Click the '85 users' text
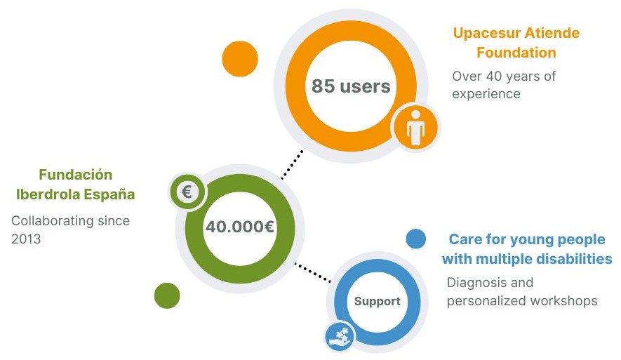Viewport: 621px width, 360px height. (x=351, y=86)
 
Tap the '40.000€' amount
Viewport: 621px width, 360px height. (x=240, y=227)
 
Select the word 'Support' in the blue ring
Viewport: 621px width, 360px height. (x=377, y=301)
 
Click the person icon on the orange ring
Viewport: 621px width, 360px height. (x=415, y=128)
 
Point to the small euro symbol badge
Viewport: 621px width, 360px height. (x=187, y=192)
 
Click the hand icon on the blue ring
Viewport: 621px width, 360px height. (x=340, y=337)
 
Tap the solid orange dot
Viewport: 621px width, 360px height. (x=240, y=59)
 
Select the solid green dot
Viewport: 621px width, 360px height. (x=167, y=295)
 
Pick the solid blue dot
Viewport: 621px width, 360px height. (x=416, y=239)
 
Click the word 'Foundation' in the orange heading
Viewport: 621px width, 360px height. (x=516, y=52)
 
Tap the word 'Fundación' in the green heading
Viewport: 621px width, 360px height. (x=76, y=175)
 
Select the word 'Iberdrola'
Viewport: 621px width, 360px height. (x=48, y=194)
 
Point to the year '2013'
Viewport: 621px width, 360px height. (x=26, y=239)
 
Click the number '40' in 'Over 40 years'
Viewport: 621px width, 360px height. (x=494, y=76)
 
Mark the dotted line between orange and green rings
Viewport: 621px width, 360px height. (x=293, y=164)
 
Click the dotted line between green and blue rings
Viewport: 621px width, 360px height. (x=312, y=272)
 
